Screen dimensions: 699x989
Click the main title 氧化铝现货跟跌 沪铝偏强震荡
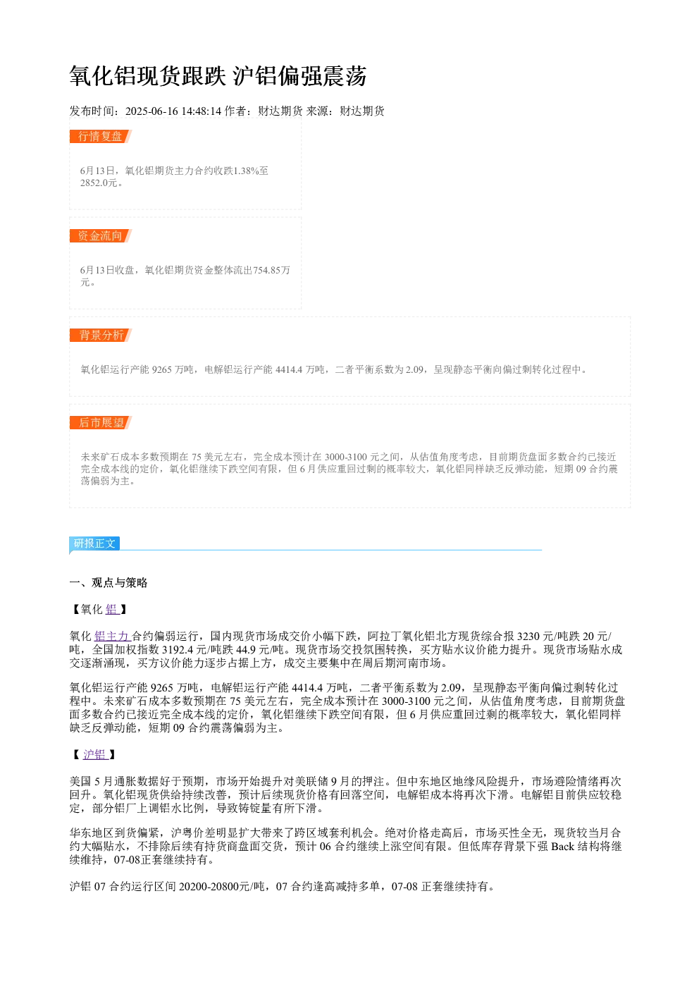218,76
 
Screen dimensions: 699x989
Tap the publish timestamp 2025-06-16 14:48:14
173,111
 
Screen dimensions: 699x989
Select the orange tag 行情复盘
100,137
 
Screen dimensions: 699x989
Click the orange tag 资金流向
100,235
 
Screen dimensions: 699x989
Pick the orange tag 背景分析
100,335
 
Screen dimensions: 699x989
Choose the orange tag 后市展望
100,422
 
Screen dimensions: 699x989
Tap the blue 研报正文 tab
94,543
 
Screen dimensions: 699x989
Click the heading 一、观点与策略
108,583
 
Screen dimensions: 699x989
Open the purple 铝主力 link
111,637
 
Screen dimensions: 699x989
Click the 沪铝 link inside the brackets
95,754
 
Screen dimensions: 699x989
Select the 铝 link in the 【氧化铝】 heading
111,610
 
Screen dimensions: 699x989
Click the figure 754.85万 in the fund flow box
271,270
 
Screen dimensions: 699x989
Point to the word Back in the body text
562,847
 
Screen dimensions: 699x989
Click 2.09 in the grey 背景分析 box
414,369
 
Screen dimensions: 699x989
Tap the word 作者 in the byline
235,111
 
